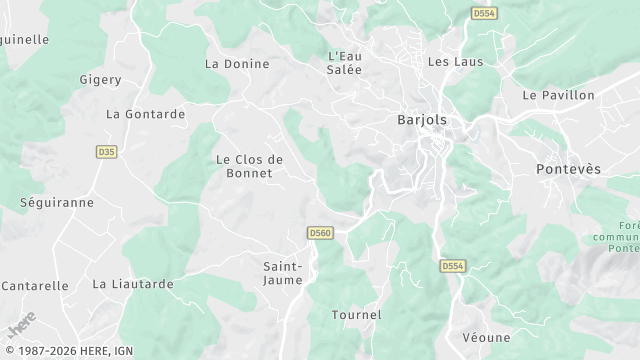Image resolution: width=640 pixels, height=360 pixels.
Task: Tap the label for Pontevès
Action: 569,169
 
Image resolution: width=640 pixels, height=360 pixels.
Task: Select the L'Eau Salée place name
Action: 345,62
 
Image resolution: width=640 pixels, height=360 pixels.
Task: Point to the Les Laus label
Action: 455,61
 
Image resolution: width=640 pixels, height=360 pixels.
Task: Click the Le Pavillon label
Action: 558,95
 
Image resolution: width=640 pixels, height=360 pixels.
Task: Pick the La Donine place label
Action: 237,64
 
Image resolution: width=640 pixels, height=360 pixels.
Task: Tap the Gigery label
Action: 100,78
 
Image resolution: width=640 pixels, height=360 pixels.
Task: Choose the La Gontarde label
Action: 146,114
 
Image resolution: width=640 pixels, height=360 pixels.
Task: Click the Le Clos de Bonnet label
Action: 250,166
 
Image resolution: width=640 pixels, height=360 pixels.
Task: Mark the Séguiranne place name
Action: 57,202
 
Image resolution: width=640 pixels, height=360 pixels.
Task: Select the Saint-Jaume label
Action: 284,273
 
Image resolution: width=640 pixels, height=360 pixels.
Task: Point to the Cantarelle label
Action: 35,285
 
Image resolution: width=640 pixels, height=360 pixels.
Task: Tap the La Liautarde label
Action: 133,284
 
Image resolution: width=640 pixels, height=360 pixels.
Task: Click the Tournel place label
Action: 356,315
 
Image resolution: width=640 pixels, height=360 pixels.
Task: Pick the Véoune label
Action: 487,338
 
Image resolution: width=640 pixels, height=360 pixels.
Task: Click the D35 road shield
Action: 106,152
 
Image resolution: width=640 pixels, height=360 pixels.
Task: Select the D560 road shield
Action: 320,233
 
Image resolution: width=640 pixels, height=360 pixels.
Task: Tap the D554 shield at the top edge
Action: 484,13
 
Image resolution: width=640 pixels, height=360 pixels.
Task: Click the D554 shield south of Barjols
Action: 453,266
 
